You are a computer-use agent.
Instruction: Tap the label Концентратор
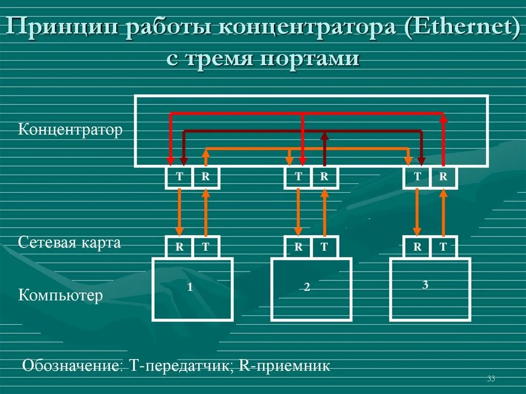click(70, 130)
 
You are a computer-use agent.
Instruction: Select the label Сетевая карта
click(69, 242)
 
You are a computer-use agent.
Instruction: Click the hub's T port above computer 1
click(179, 177)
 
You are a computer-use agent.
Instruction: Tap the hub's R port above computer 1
click(205, 177)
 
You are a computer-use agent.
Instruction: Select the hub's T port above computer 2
click(298, 177)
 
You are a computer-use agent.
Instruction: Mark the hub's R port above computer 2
click(324, 177)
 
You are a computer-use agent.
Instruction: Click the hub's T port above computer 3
click(418, 177)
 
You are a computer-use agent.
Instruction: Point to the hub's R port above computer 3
click(443, 177)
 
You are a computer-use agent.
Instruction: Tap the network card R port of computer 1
click(179, 247)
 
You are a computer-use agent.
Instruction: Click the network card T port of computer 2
click(324, 247)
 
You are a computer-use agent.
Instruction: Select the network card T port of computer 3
click(443, 247)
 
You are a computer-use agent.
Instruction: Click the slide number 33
click(491, 379)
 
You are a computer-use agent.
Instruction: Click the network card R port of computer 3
click(418, 247)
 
